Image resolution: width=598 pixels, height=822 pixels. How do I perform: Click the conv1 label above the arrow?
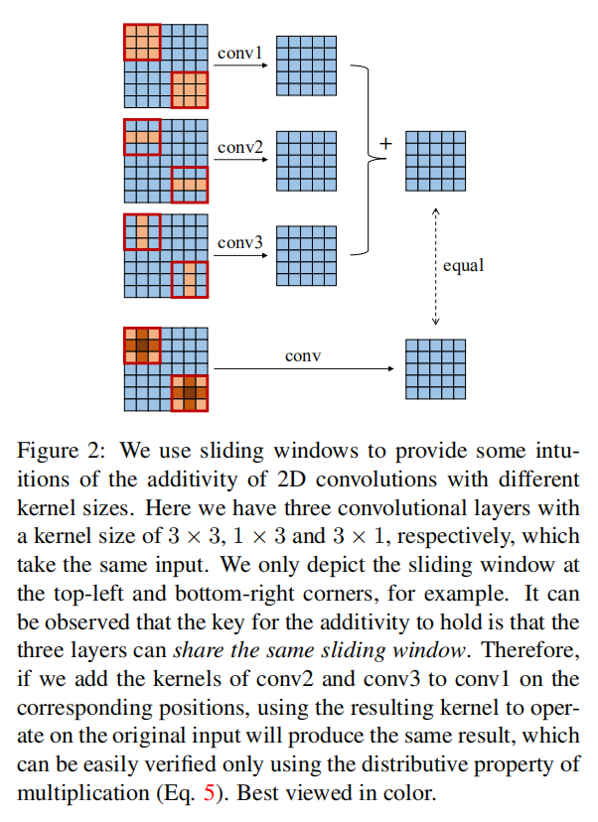(240, 51)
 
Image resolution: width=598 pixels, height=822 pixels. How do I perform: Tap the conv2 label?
(240, 148)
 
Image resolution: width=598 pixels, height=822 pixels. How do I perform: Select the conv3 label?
(240, 241)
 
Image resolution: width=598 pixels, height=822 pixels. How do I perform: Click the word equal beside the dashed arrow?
(464, 266)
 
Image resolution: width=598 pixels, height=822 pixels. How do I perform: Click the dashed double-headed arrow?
(435, 266)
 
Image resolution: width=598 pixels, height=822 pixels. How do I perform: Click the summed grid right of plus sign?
(434, 160)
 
